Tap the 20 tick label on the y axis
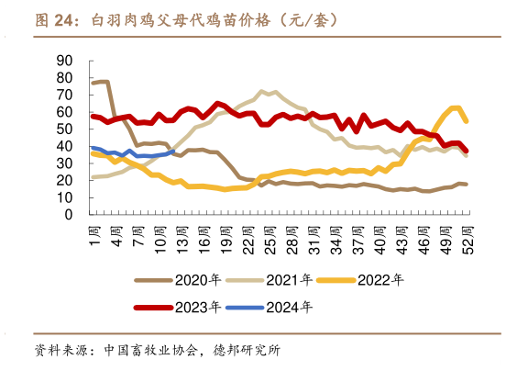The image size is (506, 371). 65,181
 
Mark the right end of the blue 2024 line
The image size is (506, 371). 172,152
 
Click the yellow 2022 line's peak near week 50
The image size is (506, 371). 456,107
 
